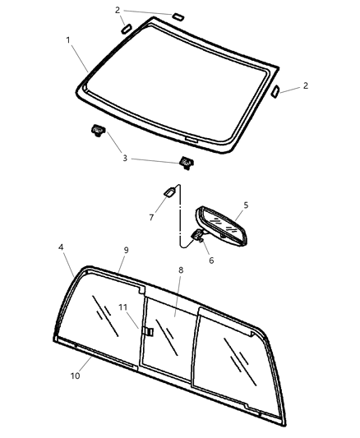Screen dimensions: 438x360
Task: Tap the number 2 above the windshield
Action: tap(118, 10)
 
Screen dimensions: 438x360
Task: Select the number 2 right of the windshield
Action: tap(305, 85)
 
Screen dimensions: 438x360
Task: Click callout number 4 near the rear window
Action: tap(62, 246)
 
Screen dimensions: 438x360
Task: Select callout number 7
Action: tap(150, 217)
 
